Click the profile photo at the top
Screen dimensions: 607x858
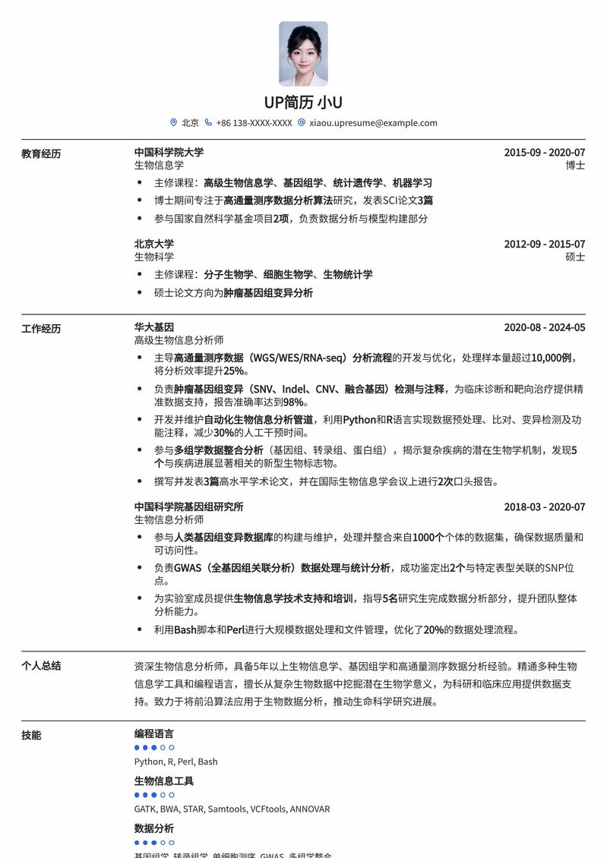point(303,53)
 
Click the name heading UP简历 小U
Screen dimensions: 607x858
point(303,103)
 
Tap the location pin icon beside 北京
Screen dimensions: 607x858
point(173,122)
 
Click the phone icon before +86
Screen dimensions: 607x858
point(208,122)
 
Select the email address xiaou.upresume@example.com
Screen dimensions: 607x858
point(373,122)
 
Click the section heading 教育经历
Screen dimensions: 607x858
point(41,153)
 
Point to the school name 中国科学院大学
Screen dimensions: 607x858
point(169,152)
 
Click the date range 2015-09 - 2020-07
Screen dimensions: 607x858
point(544,152)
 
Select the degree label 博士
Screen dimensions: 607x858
point(575,165)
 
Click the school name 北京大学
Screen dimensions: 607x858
point(154,244)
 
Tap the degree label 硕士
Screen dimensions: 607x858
point(575,257)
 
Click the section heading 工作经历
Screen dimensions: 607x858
point(41,329)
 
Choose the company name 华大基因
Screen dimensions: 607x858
point(154,327)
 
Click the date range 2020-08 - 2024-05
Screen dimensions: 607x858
point(544,327)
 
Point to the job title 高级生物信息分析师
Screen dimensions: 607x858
point(179,340)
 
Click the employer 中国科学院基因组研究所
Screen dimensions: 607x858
point(188,506)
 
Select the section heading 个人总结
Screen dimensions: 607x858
point(41,666)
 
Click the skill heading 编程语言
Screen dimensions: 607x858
point(154,733)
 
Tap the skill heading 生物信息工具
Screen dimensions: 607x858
point(164,781)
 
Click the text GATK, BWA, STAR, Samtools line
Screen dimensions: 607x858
point(232,809)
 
